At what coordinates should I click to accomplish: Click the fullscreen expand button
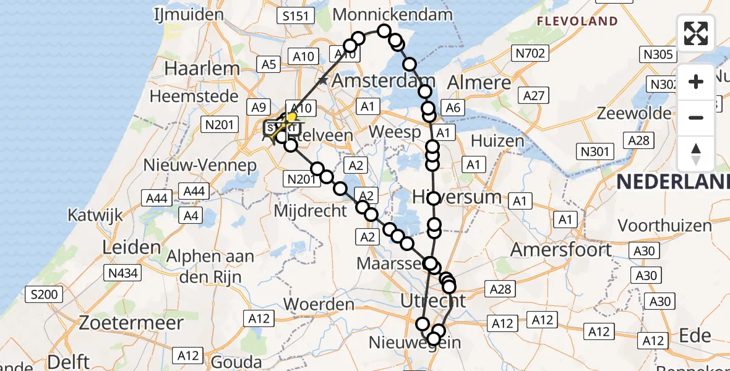point(696,33)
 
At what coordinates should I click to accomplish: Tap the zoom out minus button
point(696,117)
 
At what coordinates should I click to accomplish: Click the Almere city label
point(479,82)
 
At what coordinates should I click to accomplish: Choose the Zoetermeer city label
point(132,323)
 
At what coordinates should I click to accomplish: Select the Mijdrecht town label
point(311,210)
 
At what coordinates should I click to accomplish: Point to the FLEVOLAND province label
point(577,22)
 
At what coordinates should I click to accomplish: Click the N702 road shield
point(530,54)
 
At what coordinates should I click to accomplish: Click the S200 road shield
point(45,294)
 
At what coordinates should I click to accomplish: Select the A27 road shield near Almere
point(534,95)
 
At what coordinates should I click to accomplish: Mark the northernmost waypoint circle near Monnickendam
point(384,31)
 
